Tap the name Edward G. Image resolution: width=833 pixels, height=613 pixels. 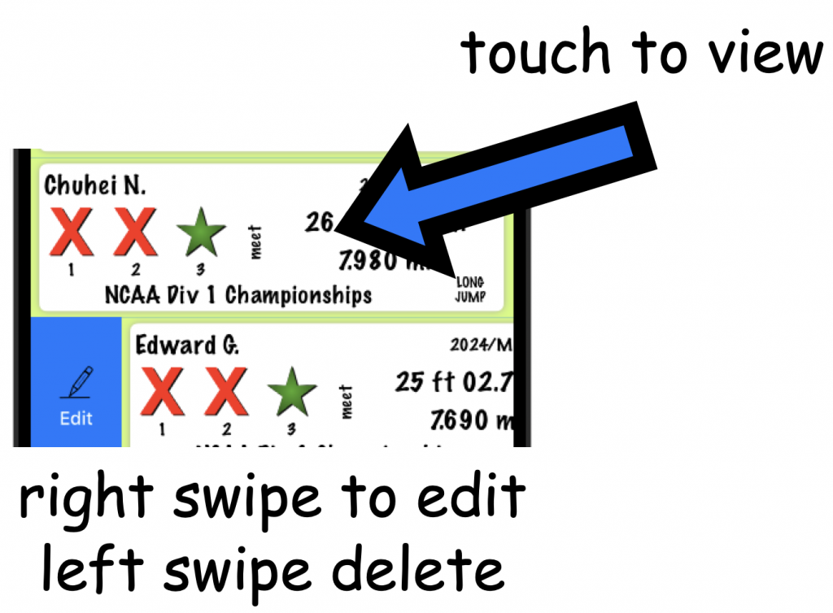pos(186,345)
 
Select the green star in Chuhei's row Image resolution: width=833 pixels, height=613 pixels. pos(200,233)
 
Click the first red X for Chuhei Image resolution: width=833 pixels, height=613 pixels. pos(72,233)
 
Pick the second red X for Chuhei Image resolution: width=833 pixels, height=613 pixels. pos(136,233)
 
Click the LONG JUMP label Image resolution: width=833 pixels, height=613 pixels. pos(470,289)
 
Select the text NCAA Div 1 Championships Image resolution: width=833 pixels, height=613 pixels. pos(238,294)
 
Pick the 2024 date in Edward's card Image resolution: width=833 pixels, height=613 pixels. pos(480,345)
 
